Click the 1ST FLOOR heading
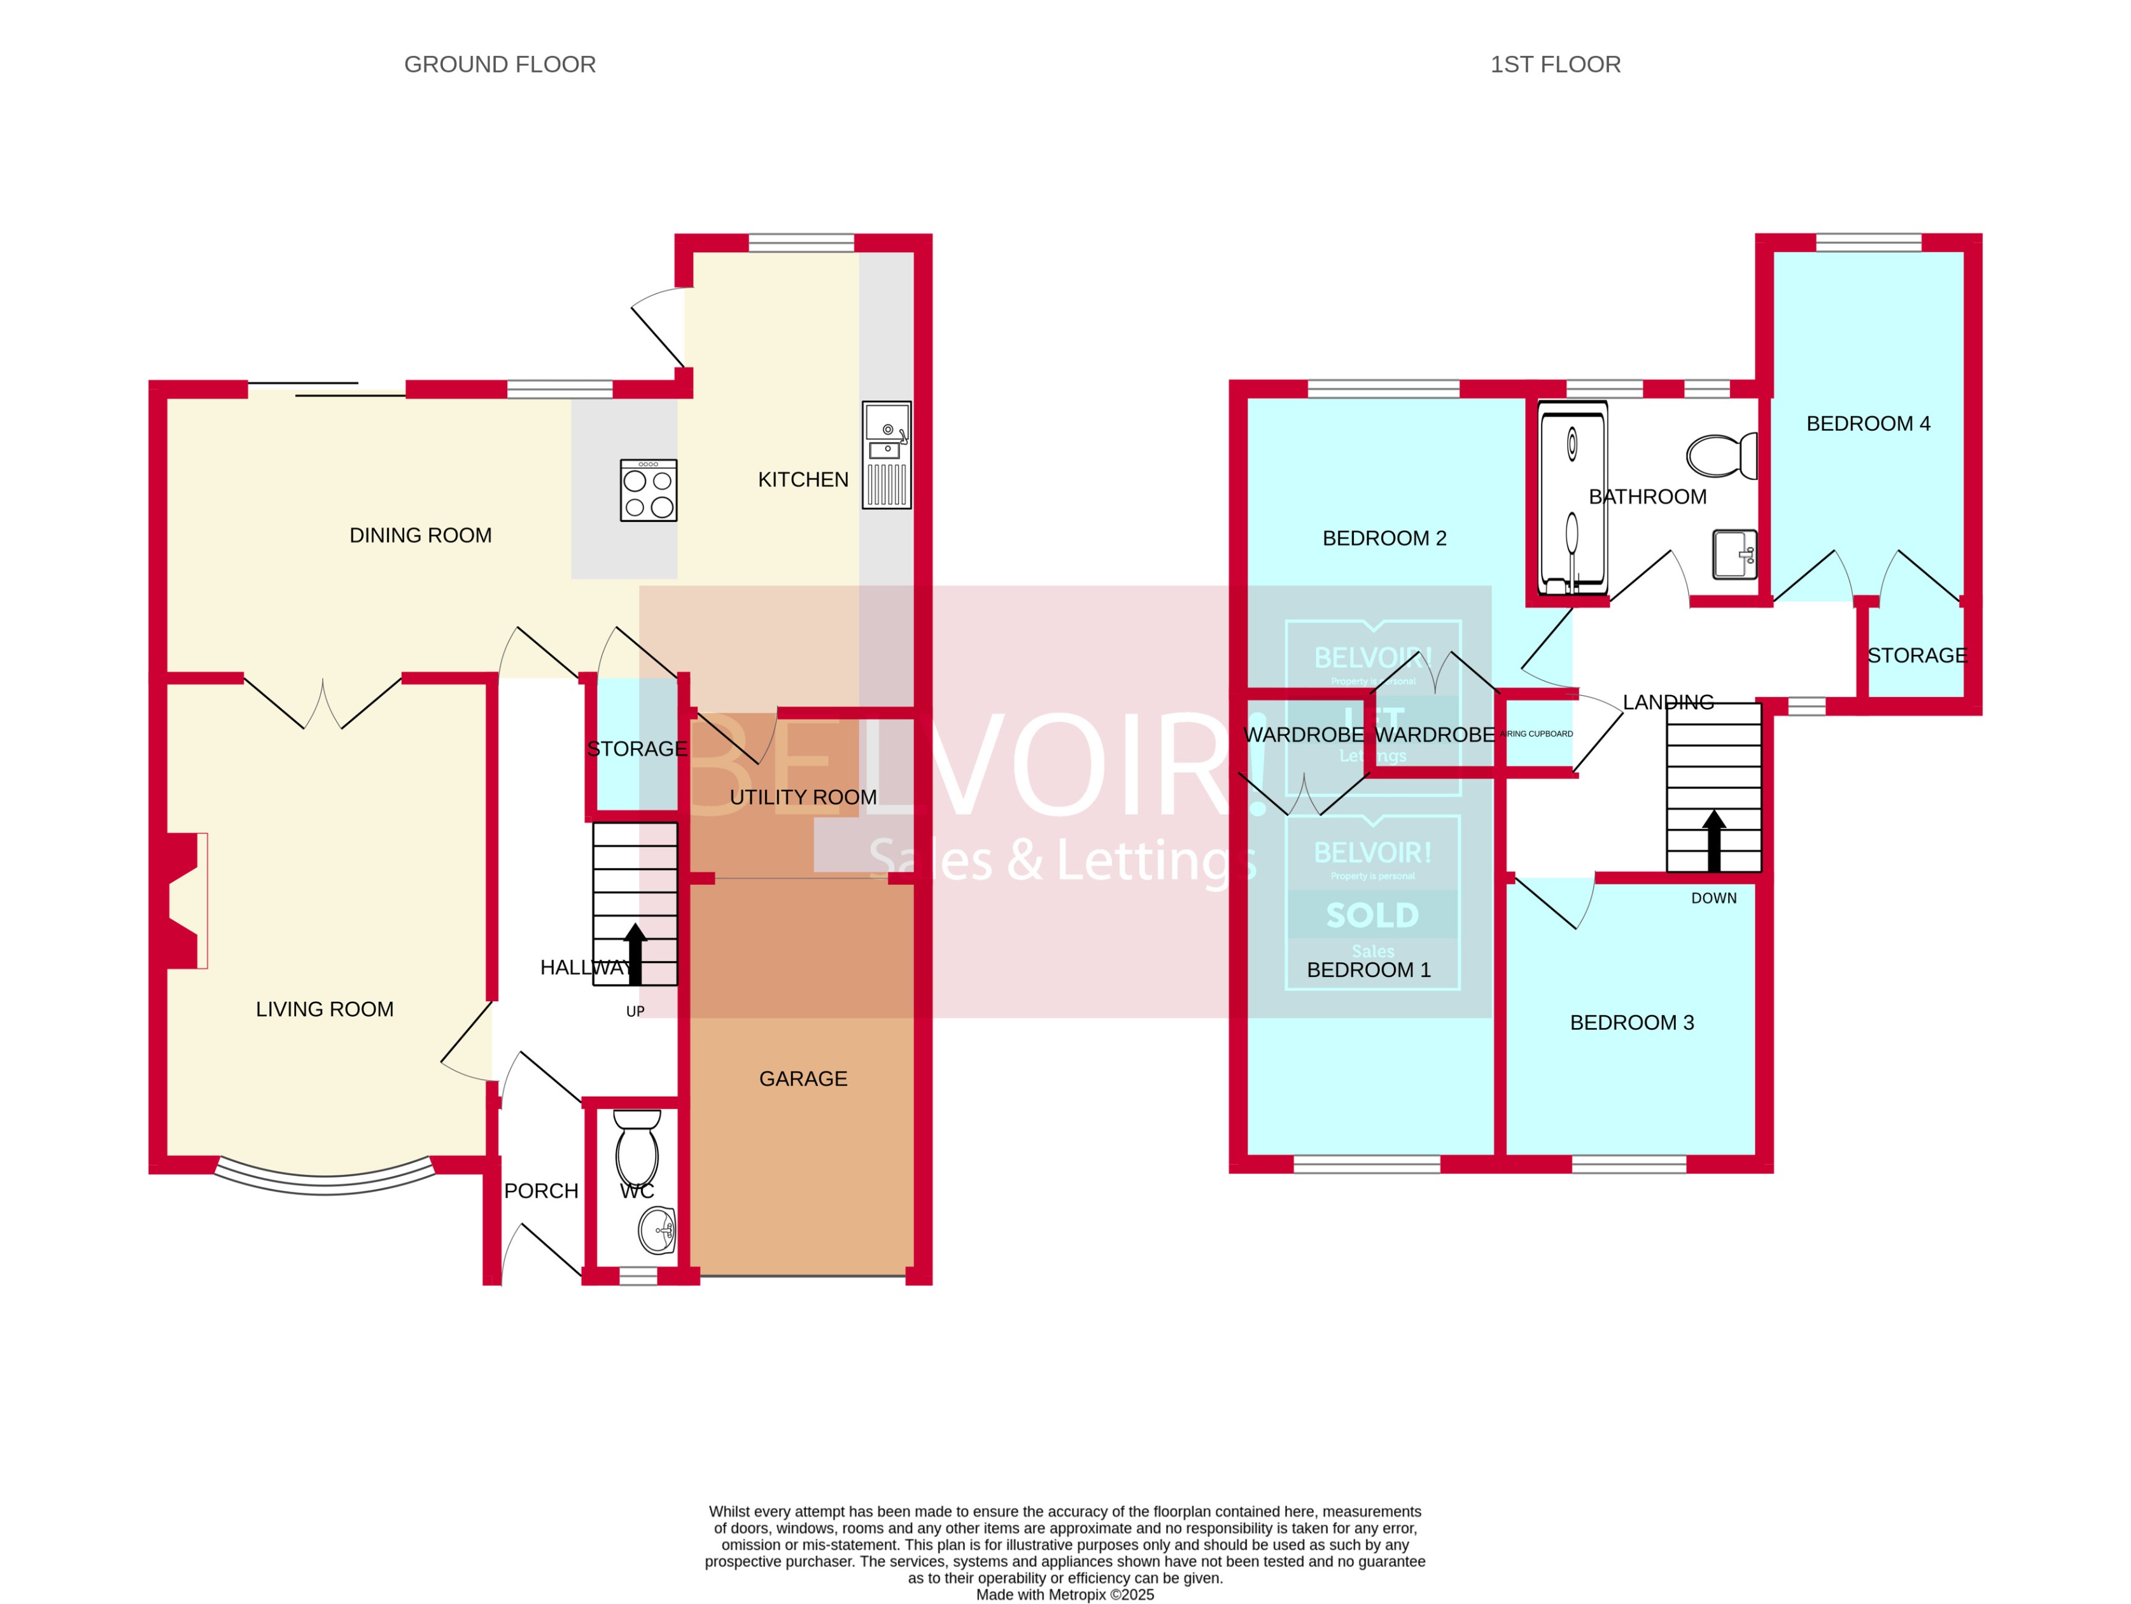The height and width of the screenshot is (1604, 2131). [x=1555, y=64]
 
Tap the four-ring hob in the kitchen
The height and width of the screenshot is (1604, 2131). [x=649, y=490]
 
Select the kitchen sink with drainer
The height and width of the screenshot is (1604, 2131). [x=886, y=454]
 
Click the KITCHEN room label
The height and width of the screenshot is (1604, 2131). [x=803, y=480]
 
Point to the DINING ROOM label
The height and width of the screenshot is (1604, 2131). [x=420, y=536]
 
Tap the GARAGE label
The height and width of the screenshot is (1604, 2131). [x=803, y=1079]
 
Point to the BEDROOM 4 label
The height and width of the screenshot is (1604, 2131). [x=1868, y=424]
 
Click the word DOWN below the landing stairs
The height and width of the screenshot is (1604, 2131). [x=1714, y=898]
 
